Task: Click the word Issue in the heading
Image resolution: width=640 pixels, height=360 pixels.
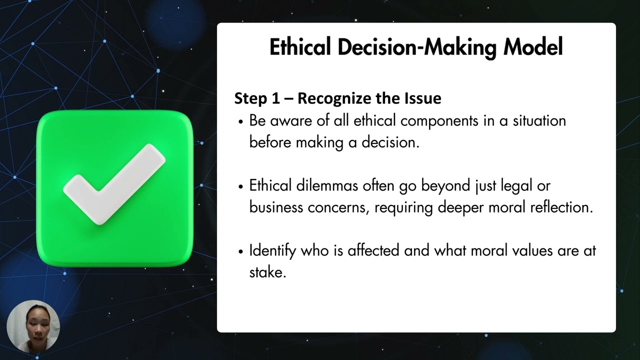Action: (x=424, y=98)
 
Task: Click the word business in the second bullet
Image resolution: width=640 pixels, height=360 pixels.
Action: (x=276, y=207)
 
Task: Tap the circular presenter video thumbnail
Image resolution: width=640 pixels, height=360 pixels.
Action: (x=33, y=327)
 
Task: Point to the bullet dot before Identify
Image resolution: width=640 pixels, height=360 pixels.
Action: (x=241, y=251)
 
